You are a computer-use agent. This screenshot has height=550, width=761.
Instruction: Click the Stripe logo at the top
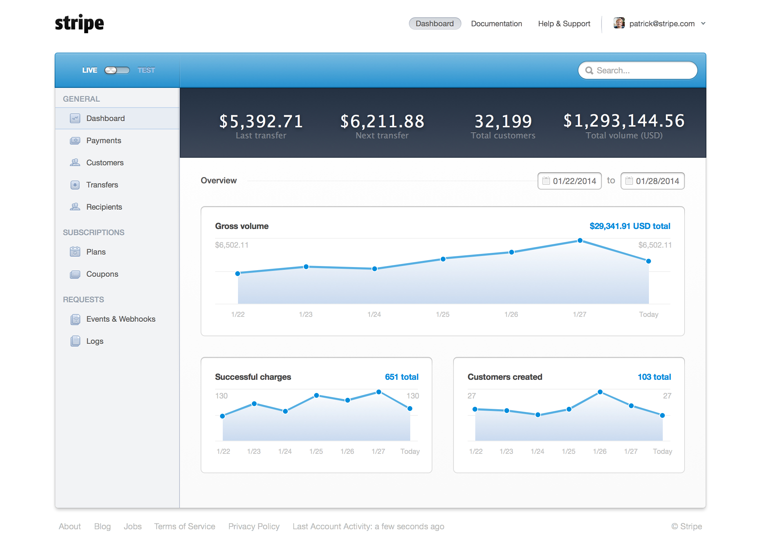79,24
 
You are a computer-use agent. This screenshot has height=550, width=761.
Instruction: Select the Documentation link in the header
496,24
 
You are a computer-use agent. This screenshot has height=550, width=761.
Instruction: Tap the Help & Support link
564,24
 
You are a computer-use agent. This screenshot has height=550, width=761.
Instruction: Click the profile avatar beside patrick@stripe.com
619,23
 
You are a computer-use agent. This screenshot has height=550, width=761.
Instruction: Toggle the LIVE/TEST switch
117,70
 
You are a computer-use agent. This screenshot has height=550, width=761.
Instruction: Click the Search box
638,71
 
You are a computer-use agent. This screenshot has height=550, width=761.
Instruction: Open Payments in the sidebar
103,140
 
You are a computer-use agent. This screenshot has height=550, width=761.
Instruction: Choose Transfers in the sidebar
102,185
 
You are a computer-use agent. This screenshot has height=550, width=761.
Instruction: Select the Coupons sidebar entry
102,274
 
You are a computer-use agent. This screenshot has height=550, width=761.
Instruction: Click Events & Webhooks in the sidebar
121,319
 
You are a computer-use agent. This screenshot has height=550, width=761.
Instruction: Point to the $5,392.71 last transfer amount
261,121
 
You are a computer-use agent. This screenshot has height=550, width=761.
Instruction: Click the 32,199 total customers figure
503,121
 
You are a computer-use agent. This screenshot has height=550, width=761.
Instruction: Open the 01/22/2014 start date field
570,181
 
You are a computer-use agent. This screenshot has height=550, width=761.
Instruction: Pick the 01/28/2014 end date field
653,181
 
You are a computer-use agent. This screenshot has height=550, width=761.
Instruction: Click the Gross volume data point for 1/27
580,240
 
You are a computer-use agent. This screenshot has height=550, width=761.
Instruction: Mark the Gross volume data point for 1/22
238,274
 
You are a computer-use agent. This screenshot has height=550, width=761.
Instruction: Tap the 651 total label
402,377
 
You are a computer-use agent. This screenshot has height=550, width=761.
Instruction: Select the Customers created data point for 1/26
600,392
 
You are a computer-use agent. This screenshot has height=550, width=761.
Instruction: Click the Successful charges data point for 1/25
317,395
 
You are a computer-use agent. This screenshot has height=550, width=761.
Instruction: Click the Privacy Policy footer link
254,526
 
